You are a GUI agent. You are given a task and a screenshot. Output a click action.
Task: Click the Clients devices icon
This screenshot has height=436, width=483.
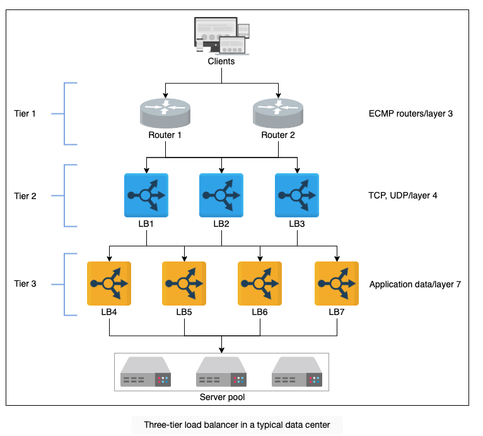[221, 36]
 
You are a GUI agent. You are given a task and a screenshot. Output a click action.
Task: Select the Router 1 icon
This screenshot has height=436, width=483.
[165, 113]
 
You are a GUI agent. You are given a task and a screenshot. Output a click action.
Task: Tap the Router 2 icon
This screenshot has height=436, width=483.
[278, 113]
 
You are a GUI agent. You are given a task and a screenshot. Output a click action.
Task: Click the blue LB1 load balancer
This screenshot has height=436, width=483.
[146, 195]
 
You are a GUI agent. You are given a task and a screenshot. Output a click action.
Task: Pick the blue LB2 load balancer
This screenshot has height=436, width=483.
[221, 195]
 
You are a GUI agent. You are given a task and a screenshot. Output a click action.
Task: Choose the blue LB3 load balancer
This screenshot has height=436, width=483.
[297, 195]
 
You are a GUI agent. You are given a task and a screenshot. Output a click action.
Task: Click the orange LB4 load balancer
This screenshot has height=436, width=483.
[109, 284]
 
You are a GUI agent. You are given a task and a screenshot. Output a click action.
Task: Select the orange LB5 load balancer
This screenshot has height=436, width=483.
[184, 284]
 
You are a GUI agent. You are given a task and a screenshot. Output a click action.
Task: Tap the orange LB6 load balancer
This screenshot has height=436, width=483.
[260, 284]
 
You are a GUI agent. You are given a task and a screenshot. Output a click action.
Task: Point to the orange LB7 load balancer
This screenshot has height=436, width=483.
[337, 284]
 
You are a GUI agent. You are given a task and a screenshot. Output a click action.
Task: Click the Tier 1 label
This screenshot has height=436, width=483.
[25, 113]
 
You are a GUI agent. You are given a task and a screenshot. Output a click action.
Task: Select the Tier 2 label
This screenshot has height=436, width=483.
[25, 196]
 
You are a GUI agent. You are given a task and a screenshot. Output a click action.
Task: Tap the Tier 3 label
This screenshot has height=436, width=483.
[25, 284]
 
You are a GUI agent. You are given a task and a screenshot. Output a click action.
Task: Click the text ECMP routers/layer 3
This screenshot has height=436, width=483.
[410, 114]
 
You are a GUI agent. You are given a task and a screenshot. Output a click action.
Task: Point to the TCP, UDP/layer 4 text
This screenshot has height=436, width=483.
[402, 196]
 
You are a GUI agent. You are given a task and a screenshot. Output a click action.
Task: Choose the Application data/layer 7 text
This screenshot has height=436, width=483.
[415, 285]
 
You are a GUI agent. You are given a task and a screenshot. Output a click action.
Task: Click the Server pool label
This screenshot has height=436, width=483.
[222, 397]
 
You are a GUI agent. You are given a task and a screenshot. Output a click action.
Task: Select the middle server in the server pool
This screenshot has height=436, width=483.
[221, 372]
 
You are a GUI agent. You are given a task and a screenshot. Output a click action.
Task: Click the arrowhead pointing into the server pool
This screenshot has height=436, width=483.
[221, 350]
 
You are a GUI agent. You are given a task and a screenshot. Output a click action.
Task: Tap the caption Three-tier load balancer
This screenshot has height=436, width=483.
[237, 425]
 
